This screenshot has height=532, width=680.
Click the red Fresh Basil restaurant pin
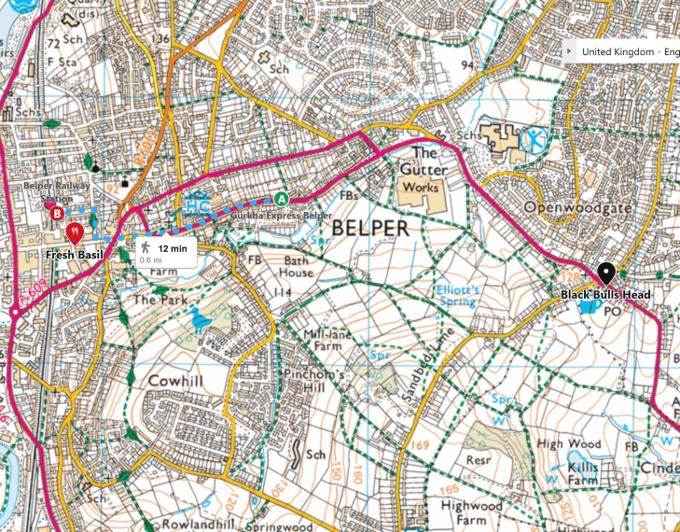pyautogui.click(x=75, y=231)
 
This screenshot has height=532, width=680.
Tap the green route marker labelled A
pyautogui.click(x=281, y=198)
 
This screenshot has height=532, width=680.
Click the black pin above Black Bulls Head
pyautogui.click(x=604, y=273)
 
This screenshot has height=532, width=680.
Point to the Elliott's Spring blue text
pyautogui.click(x=458, y=296)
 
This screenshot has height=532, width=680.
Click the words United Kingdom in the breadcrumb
pyautogui.click(x=618, y=52)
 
